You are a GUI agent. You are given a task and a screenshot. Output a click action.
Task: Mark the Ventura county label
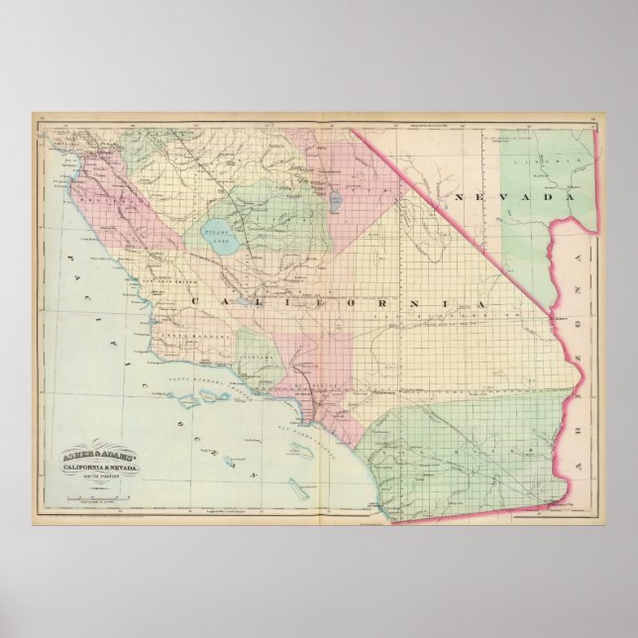(260, 362)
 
